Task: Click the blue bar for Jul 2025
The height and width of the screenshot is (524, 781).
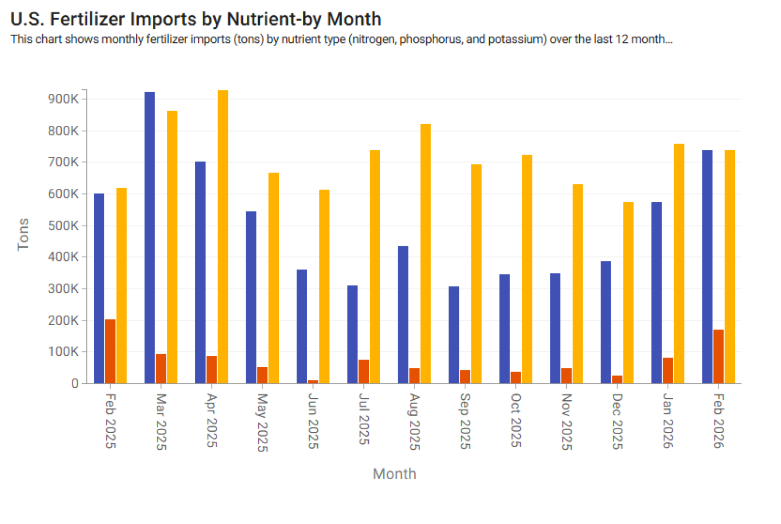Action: point(353,334)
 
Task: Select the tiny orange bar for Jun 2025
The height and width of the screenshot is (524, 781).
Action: point(313,382)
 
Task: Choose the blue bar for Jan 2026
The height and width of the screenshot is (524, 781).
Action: point(657,292)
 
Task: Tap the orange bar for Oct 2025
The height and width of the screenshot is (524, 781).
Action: point(516,378)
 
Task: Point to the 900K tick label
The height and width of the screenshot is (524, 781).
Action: point(63,99)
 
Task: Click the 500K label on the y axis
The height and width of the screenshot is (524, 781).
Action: point(63,225)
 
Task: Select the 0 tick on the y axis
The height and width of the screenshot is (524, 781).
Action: point(75,384)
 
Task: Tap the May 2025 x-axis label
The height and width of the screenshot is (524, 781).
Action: point(263,422)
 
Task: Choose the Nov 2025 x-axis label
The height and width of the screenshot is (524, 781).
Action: point(567,421)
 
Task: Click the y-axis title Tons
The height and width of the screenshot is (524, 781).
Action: point(23,234)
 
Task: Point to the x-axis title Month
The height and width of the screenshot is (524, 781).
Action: point(394,474)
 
